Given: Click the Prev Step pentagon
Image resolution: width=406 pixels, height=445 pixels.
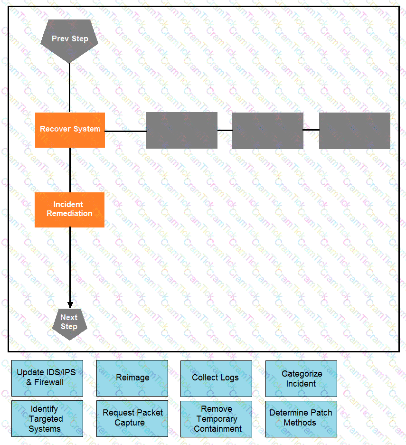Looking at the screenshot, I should [70, 40].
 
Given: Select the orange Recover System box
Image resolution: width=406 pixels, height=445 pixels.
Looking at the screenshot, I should [70, 130].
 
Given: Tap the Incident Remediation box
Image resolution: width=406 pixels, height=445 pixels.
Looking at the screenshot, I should [70, 209].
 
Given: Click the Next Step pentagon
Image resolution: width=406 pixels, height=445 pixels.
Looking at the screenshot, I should [69, 323].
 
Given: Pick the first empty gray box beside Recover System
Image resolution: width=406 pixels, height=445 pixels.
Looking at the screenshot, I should [182, 130].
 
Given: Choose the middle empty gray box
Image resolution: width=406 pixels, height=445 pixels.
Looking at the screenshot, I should [268, 130].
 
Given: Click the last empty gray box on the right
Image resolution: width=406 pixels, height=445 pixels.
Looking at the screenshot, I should [354, 130].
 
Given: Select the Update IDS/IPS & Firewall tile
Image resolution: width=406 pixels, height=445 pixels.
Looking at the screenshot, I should [47, 378].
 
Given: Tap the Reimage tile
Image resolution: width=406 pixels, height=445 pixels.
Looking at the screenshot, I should [132, 378].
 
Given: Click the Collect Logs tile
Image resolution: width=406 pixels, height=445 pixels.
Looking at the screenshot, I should [216, 378].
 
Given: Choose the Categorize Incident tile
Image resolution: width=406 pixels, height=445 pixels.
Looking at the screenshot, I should [301, 379].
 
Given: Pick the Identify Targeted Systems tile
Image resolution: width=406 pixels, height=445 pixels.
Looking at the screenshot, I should [47, 418].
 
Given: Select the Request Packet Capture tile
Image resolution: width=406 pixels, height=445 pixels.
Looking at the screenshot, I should [132, 418].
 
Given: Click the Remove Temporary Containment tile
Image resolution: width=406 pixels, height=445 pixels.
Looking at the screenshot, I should [216, 418].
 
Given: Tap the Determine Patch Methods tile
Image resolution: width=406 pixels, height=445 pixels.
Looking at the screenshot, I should [301, 418].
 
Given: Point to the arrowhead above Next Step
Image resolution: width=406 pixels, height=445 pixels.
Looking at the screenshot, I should [70, 305].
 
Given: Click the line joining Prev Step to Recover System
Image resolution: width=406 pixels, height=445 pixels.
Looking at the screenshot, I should [70, 88].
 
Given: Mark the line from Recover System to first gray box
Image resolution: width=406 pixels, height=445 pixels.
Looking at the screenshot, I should [125, 131].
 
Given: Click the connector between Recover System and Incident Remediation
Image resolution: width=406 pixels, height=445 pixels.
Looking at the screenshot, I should [70, 170].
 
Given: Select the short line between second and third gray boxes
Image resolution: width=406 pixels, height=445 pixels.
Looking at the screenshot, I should [311, 129].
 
